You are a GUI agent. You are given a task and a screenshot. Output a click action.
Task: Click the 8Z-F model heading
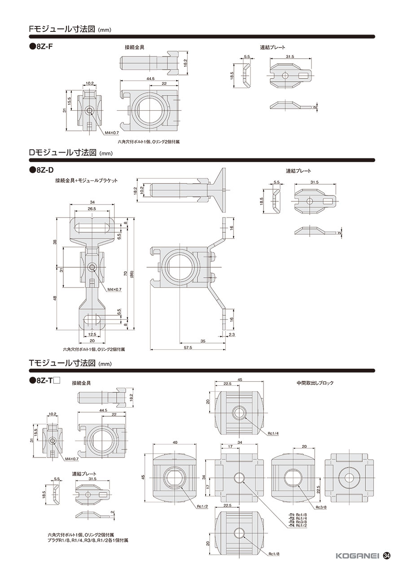point(41,47)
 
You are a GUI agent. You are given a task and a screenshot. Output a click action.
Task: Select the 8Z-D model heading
point(42,170)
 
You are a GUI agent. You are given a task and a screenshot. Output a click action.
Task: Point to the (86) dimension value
point(132,274)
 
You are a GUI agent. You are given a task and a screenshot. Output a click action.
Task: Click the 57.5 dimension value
point(188,348)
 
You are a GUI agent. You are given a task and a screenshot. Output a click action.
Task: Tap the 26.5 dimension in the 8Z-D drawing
point(92,209)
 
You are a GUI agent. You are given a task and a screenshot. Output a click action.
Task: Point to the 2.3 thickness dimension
point(232,335)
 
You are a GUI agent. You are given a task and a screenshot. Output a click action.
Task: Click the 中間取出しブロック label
point(315,390)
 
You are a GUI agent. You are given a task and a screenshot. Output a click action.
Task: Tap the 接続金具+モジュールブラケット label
point(87,180)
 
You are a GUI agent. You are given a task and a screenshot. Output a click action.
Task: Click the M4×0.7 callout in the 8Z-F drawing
point(112,133)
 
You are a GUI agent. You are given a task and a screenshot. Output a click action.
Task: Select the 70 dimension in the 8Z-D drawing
point(125,274)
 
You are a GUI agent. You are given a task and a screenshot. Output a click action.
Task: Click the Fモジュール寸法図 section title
point(62,29)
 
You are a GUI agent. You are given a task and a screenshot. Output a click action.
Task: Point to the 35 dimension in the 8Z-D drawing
point(203,341)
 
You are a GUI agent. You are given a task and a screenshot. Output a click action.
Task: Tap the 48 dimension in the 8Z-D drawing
point(55,298)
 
